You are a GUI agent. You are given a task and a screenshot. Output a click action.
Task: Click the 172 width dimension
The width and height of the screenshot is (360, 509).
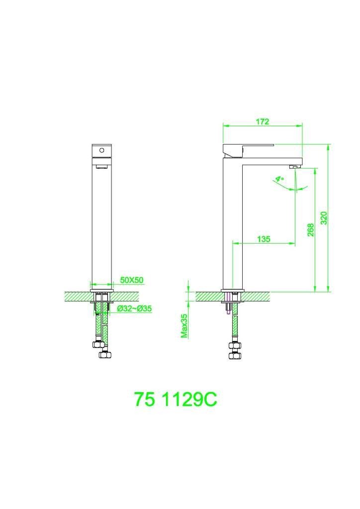tap(263, 122)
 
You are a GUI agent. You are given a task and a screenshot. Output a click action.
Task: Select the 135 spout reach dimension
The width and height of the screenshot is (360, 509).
tap(264, 239)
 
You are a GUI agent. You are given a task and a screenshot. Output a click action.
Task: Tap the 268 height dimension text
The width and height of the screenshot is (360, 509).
tap(310, 230)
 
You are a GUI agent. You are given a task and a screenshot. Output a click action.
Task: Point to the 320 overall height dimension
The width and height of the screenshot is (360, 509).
tap(324, 218)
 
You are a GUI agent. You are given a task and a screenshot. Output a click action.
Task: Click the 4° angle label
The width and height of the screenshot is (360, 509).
tap(280, 178)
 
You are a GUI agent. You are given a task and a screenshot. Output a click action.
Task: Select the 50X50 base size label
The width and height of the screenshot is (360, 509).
tap(132, 280)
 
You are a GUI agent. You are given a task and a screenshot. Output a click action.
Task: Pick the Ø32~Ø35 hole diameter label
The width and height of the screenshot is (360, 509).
tap(134, 309)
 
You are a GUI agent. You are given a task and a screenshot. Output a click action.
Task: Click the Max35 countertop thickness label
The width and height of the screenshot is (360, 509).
tap(184, 326)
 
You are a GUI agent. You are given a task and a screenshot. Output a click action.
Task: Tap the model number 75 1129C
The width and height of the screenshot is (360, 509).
tap(176, 399)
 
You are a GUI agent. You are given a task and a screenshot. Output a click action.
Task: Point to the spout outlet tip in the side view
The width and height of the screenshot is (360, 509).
tap(295, 166)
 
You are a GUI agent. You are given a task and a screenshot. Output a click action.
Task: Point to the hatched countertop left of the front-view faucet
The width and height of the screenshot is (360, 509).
tap(77, 296)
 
